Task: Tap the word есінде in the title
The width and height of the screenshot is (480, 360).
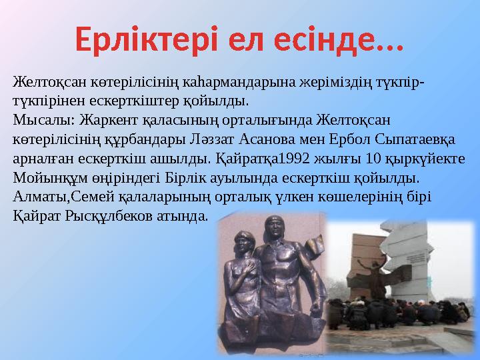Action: [x=353, y=39]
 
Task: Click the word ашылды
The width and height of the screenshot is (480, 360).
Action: [x=187, y=160]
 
